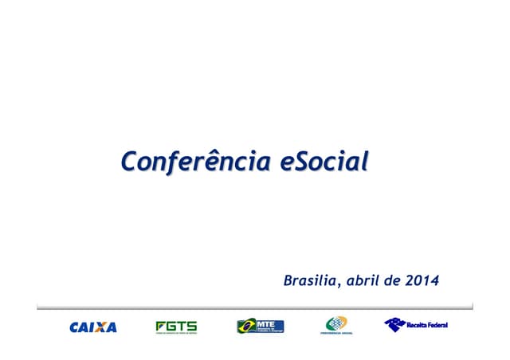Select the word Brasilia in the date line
(309, 280)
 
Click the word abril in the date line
(361, 280)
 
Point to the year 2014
(422, 280)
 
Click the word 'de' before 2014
(393, 280)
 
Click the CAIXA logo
(93, 327)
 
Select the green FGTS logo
(176, 327)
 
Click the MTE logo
(260, 326)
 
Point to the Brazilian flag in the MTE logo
(245, 326)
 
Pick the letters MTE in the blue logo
(266, 323)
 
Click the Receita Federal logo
(415, 325)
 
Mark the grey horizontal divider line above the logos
(255, 305)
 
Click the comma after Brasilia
(337, 285)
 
